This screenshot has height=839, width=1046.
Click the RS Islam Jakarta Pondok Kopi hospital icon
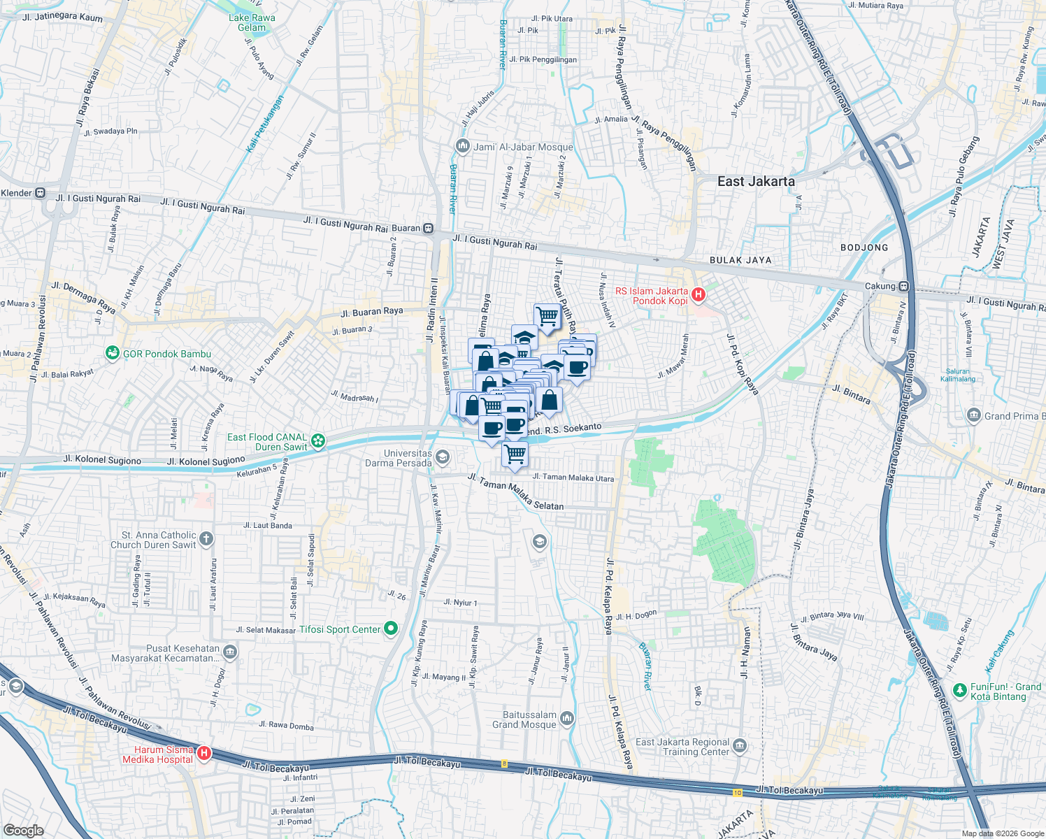click(698, 296)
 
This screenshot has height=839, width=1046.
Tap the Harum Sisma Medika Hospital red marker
click(203, 754)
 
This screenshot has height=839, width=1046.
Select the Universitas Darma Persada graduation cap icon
click(442, 458)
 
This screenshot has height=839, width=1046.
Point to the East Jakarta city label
click(756, 182)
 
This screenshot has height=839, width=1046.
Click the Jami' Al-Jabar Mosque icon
click(462, 146)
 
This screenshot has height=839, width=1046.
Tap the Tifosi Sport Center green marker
click(390, 629)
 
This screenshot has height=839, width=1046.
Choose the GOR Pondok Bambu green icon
click(112, 353)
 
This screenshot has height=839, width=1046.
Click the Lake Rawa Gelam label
click(252, 22)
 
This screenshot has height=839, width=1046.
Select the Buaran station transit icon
click(428, 229)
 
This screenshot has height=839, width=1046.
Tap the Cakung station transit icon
click(904, 286)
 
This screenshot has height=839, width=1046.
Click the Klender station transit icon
click(41, 193)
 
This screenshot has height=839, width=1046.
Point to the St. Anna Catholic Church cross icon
click(206, 539)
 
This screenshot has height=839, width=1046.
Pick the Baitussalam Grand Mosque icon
click(567, 719)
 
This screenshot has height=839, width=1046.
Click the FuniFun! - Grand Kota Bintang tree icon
click(959, 691)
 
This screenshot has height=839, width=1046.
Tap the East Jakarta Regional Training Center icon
click(740, 746)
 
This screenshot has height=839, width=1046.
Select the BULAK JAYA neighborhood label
click(740, 260)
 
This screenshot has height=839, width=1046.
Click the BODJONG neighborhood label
click(864, 248)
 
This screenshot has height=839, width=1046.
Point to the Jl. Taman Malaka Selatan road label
click(515, 492)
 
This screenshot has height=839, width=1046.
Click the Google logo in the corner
click(23, 830)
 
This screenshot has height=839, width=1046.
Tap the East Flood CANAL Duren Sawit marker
click(318, 440)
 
